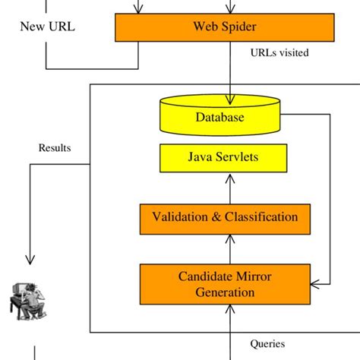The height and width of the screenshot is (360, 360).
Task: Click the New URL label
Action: (47, 28)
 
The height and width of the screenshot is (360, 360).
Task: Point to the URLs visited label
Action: (279, 53)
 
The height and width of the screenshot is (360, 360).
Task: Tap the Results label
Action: (55, 147)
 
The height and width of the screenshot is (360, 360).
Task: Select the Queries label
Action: (267, 343)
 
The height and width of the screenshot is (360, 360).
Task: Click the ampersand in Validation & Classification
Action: (217, 217)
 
